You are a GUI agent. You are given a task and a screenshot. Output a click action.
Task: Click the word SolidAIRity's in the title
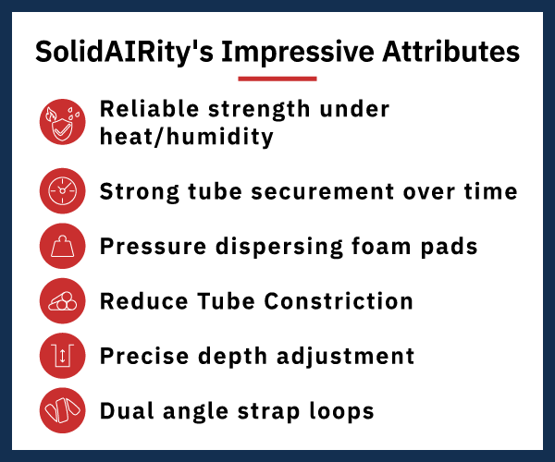click(x=124, y=53)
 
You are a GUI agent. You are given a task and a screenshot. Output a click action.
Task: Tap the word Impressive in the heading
click(x=298, y=53)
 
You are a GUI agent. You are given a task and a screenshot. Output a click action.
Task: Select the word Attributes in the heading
click(x=450, y=52)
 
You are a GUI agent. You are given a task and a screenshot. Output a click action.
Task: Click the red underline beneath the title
click(x=277, y=79)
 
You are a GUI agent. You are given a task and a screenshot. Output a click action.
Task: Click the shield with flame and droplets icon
click(x=62, y=122)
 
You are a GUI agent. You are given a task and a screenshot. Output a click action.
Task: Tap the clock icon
click(x=62, y=191)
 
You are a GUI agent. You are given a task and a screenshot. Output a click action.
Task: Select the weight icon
click(x=62, y=246)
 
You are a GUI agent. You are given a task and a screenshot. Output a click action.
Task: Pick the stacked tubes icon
click(x=62, y=301)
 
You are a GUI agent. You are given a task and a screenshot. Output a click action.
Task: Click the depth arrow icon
click(x=62, y=356)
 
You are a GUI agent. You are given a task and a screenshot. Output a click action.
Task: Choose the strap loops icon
click(x=62, y=410)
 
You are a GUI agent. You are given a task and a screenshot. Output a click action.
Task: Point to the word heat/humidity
click(x=187, y=137)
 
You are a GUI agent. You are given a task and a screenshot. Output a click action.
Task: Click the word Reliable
click(x=149, y=108)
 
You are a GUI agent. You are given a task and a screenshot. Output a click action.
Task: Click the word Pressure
click(x=153, y=247)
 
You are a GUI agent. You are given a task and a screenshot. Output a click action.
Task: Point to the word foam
click(x=381, y=246)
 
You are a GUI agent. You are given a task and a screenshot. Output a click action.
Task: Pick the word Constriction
click(x=339, y=301)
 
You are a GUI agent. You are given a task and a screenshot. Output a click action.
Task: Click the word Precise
click(x=144, y=356)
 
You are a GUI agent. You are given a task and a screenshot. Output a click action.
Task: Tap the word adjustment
click(x=345, y=357)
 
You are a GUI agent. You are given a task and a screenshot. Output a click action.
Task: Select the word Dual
click(x=127, y=411)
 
